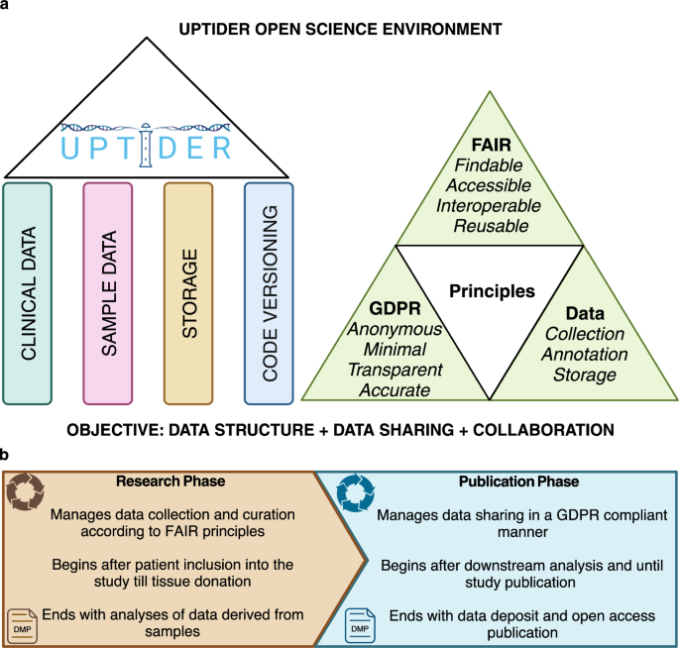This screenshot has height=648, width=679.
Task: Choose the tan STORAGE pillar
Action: (189, 293)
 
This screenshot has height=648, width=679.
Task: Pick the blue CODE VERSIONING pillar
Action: (269, 293)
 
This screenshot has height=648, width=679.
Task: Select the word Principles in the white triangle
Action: (492, 291)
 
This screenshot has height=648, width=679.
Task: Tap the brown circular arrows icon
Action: (26, 491)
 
